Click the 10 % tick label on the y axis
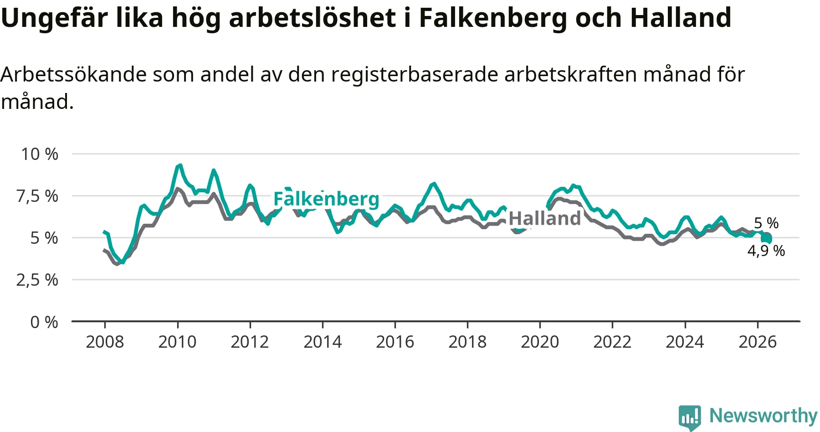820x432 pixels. coord(40,154)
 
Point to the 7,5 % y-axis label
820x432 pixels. coord(37,196)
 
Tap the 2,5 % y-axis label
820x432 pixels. coord(37,280)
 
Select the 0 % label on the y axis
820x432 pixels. coord(44,322)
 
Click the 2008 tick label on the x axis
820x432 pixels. coord(105,342)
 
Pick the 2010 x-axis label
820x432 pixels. coord(177,342)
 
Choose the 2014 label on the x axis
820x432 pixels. coord(323,342)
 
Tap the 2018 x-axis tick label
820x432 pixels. coord(467,342)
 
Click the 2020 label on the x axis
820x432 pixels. coord(540,342)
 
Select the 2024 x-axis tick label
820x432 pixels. coord(685,342)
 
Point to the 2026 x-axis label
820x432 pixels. coord(757,342)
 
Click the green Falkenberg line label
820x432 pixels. coord(326,200)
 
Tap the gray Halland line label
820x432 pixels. coord(545,219)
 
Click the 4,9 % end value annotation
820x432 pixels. coord(766,251)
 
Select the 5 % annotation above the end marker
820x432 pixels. coord(766,223)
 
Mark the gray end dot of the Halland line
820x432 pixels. coord(767,237)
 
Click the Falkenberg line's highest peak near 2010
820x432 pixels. coord(180,165)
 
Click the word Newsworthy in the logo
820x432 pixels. coord(764,416)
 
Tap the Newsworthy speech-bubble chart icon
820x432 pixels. coord(689,417)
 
